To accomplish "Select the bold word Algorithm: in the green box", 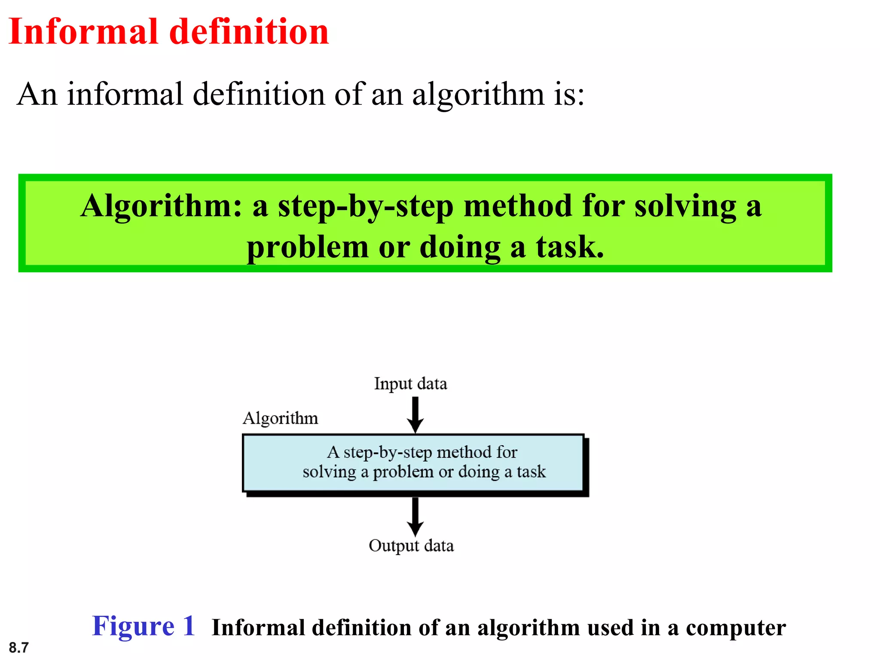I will click(161, 206).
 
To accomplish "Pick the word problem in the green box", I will click(308, 247).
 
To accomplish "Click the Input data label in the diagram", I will click(410, 383).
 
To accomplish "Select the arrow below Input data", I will click(415, 414).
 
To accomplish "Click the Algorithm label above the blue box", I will click(280, 418).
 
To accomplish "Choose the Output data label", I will click(411, 546).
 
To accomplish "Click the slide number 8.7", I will click(18, 647).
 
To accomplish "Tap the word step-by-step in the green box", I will click(366, 206).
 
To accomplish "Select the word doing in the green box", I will click(460, 247).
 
